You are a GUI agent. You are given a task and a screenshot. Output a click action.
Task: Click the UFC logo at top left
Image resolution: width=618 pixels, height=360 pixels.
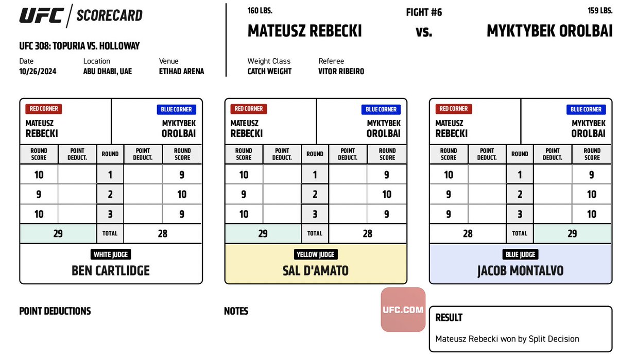[42, 15]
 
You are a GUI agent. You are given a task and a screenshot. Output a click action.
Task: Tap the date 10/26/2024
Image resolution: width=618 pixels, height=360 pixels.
[38, 72]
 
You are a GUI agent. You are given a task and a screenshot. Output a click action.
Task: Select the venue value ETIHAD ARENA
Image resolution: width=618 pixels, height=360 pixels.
[181, 72]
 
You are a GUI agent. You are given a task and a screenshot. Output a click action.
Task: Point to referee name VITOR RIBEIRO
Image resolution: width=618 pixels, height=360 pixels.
[341, 72]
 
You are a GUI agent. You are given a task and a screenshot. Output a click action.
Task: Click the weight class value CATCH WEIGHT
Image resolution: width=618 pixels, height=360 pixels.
[269, 72]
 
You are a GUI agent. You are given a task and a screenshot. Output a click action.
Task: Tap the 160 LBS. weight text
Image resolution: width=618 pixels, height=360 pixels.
[260, 10]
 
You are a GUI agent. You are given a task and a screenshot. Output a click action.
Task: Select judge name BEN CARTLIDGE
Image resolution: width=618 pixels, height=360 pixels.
[111, 270]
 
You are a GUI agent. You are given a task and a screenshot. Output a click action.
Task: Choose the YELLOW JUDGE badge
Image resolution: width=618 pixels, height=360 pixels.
[316, 254]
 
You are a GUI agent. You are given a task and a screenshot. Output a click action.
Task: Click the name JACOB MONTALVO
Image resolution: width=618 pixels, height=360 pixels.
[520, 270]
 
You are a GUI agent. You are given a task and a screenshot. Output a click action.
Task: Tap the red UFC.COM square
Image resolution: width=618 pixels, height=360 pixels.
[403, 310]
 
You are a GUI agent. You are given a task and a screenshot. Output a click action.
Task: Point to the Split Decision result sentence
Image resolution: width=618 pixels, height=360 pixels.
[507, 339]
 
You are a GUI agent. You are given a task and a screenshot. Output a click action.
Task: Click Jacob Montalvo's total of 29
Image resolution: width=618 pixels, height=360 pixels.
[571, 233]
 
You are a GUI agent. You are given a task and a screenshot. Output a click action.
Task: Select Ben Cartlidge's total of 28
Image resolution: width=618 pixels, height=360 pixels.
[163, 233]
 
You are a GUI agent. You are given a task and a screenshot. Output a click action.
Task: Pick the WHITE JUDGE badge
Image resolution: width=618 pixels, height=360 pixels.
[111, 254]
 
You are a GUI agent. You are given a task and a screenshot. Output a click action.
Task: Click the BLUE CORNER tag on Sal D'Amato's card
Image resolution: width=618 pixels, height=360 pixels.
[381, 109]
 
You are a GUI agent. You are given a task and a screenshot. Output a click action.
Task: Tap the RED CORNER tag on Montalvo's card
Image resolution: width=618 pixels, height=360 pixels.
[453, 109]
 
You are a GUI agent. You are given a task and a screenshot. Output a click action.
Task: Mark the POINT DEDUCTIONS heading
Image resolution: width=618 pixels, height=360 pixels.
[55, 311]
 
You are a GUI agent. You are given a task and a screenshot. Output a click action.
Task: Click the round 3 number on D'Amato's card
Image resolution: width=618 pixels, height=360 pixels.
[315, 214]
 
